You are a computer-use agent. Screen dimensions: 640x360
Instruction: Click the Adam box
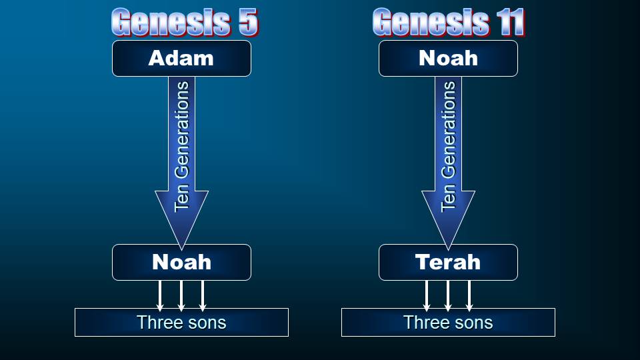pyautogui.click(x=181, y=59)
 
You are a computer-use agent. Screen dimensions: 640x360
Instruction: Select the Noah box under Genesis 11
pyautogui.click(x=448, y=59)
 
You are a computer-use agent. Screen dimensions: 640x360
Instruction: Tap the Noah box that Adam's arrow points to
pyautogui.click(x=181, y=262)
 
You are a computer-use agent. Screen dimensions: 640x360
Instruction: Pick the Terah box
pyautogui.click(x=448, y=262)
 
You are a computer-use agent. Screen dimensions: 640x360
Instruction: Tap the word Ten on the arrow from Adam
pyautogui.click(x=181, y=198)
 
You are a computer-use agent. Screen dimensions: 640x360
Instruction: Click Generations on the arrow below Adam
pyautogui.click(x=181, y=131)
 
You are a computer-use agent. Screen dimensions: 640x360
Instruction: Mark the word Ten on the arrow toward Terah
pyautogui.click(x=448, y=198)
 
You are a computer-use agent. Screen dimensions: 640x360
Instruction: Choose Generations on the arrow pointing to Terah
pyautogui.click(x=448, y=131)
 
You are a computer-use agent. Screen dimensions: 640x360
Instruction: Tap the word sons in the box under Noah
pyautogui.click(x=206, y=323)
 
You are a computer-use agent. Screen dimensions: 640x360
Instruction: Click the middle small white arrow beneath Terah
pyautogui.click(x=448, y=296)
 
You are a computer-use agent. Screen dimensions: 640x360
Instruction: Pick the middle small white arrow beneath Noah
pyautogui.click(x=181, y=296)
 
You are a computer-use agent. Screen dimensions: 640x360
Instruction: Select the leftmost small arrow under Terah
pyautogui.click(x=427, y=296)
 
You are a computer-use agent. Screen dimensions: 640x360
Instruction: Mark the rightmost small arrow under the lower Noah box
pyautogui.click(x=203, y=296)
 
